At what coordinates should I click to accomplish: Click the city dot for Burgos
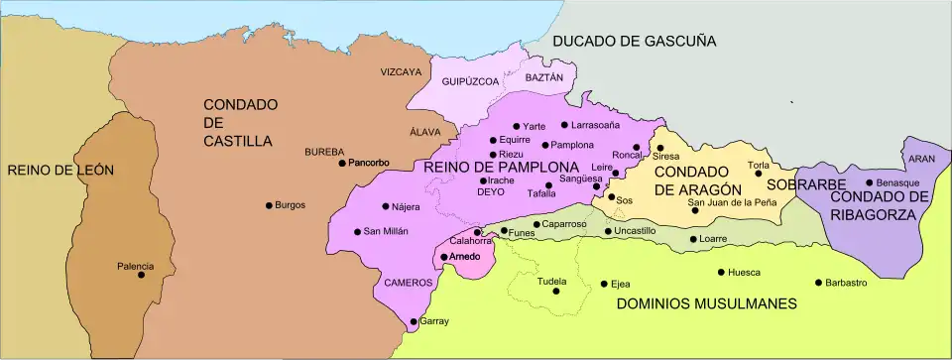(x=269, y=205)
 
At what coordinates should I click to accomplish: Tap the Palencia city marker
(x=141, y=275)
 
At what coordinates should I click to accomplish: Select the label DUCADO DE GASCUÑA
(x=634, y=41)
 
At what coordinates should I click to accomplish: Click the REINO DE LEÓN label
(x=60, y=170)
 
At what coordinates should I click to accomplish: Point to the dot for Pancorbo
(x=342, y=163)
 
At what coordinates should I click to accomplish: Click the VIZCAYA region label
(x=401, y=72)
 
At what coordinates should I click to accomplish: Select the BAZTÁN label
(x=543, y=76)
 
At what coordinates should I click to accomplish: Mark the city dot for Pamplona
(x=545, y=145)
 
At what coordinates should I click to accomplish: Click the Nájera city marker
(x=386, y=206)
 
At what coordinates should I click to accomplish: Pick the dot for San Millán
(x=358, y=232)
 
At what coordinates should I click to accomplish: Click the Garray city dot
(x=414, y=321)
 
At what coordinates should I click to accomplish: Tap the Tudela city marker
(x=552, y=292)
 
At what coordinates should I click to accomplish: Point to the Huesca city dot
(x=721, y=273)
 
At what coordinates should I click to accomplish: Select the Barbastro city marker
(x=818, y=283)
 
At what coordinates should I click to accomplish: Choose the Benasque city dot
(x=869, y=182)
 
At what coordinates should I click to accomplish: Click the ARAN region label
(x=921, y=159)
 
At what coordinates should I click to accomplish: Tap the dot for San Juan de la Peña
(x=694, y=210)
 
